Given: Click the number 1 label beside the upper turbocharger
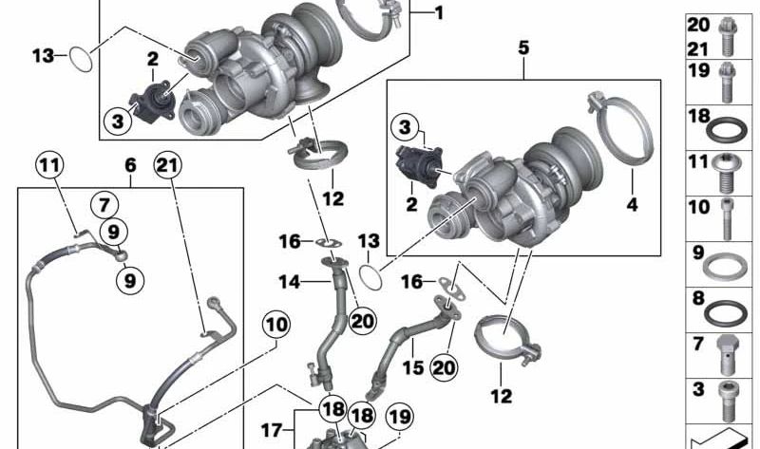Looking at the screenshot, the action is click(439, 13).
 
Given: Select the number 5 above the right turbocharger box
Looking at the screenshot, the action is click(523, 48).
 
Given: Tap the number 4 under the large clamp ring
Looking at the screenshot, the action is click(632, 204).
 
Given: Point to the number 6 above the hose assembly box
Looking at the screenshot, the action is click(130, 165).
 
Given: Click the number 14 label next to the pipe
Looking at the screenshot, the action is click(290, 281).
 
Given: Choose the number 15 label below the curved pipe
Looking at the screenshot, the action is click(413, 367).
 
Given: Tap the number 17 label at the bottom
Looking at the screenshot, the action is click(272, 430).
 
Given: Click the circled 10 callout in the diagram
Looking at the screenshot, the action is click(276, 324).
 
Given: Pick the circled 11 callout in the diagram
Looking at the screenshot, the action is click(50, 166).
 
